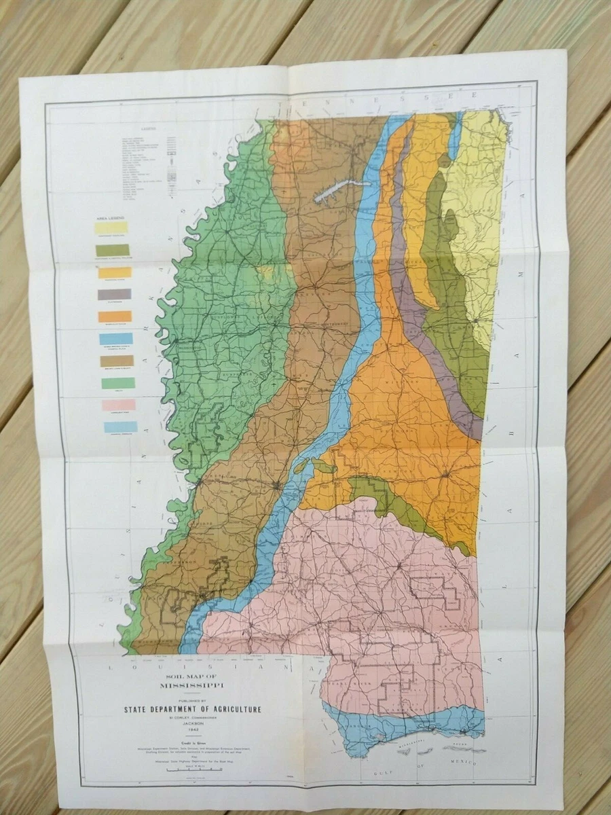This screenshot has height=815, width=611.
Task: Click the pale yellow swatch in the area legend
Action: click(111, 228)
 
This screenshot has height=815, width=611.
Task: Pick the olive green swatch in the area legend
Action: click(113, 250)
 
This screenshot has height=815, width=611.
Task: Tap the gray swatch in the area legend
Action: click(114, 294)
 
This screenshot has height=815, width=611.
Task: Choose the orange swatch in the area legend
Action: click(115, 316)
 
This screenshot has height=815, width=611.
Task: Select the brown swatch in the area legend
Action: click(117, 361)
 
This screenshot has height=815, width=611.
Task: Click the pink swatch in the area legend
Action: click(119, 405)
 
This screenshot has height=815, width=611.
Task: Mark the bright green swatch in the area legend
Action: click(118, 383)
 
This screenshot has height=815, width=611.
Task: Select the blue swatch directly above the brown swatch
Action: click(116, 338)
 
